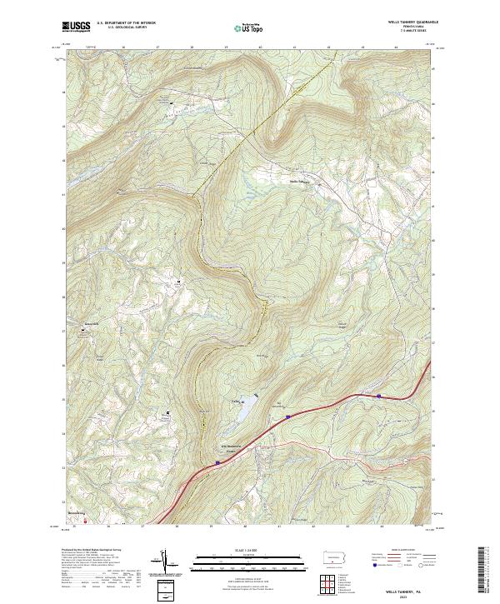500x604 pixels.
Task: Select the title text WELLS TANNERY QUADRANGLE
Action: click(x=400, y=22)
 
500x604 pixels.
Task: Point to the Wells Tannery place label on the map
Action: click(x=299, y=182)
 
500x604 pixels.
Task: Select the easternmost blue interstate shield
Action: click(x=379, y=397)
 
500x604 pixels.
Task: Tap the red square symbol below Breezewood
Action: click(x=83, y=522)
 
